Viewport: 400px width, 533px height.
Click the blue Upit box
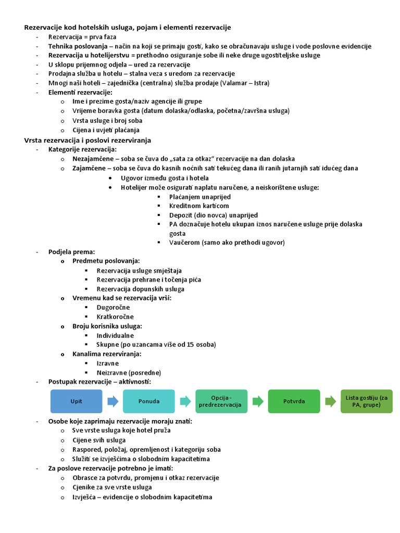(76, 401)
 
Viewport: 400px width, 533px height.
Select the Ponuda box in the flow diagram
(149, 401)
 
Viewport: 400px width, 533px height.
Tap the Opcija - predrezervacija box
(221, 401)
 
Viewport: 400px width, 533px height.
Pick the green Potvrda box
(294, 401)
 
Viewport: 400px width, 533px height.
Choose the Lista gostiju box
(367, 401)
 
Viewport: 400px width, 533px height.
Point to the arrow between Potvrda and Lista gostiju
(330, 401)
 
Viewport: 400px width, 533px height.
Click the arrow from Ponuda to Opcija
(185, 401)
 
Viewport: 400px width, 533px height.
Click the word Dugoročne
(113, 307)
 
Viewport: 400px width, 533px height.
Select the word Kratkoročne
(115, 316)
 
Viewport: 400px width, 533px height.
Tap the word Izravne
(108, 363)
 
